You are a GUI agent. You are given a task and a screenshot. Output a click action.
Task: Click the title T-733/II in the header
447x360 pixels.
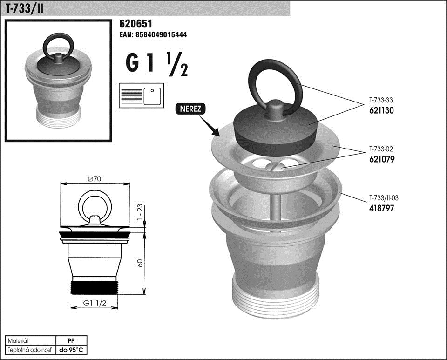[x=25, y=8]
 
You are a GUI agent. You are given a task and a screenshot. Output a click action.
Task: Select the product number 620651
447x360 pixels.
[x=135, y=24]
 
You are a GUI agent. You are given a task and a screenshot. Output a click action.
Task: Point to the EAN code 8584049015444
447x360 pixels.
[x=153, y=35]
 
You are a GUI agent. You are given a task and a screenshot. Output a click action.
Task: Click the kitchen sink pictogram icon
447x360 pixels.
[x=142, y=95]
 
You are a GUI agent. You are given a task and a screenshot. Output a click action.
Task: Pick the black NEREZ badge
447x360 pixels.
[x=190, y=109]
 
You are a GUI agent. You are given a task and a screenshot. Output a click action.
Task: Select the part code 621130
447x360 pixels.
[x=381, y=110]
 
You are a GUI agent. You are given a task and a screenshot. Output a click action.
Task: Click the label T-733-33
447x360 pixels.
[x=381, y=100]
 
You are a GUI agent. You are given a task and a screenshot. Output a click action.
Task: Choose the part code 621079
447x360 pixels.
[x=382, y=159]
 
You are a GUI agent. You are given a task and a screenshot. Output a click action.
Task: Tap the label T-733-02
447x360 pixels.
[x=381, y=149]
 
